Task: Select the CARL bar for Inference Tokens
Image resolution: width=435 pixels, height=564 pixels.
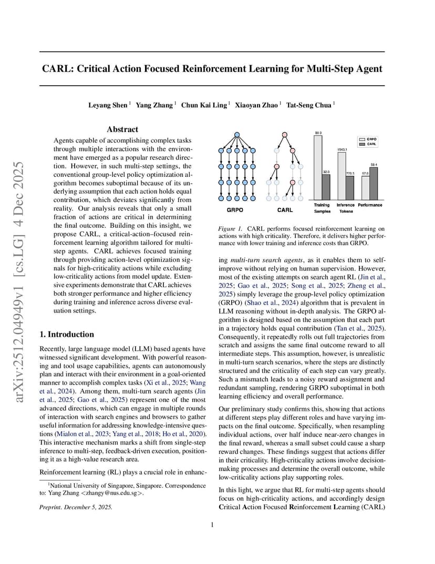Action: point(350,185)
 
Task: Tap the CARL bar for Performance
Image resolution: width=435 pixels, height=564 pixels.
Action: point(374,183)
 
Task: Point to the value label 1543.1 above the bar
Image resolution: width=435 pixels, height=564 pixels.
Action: point(341,150)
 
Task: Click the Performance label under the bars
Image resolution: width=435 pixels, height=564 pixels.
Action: point(370,205)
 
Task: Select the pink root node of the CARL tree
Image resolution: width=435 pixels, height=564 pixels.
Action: point(284,135)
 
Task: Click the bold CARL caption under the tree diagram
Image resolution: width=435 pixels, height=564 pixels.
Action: point(284,210)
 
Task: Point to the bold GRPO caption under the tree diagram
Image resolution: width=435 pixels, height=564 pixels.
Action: point(234,210)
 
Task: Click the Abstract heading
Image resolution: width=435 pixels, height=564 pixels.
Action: point(122,129)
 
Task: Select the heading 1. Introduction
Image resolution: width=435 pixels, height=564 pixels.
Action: point(67,334)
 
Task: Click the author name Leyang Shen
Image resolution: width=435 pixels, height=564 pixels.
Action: point(108,105)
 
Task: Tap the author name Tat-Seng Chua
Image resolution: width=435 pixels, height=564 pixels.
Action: point(309,105)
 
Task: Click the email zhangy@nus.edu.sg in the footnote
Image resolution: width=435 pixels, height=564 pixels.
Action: point(112,493)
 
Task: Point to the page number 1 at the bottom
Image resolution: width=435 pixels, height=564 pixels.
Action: point(212,524)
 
